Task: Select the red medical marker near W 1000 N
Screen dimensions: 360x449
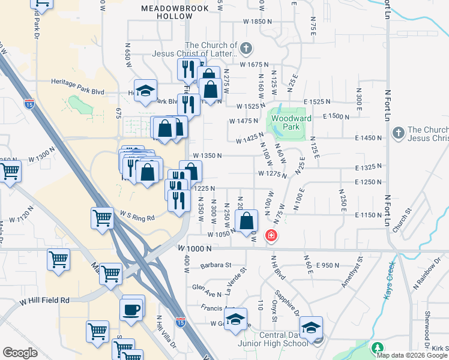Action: coord(272,235)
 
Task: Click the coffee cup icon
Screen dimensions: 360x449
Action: coord(133,310)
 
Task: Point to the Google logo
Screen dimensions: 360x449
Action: coord(20,353)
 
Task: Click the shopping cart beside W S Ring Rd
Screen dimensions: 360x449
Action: coord(103,218)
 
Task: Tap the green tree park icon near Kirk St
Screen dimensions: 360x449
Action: coord(377,349)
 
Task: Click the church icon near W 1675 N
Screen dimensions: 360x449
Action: coord(246,48)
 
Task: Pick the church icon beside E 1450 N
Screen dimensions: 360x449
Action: coord(397,133)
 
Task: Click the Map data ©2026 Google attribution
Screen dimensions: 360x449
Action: coord(412,355)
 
